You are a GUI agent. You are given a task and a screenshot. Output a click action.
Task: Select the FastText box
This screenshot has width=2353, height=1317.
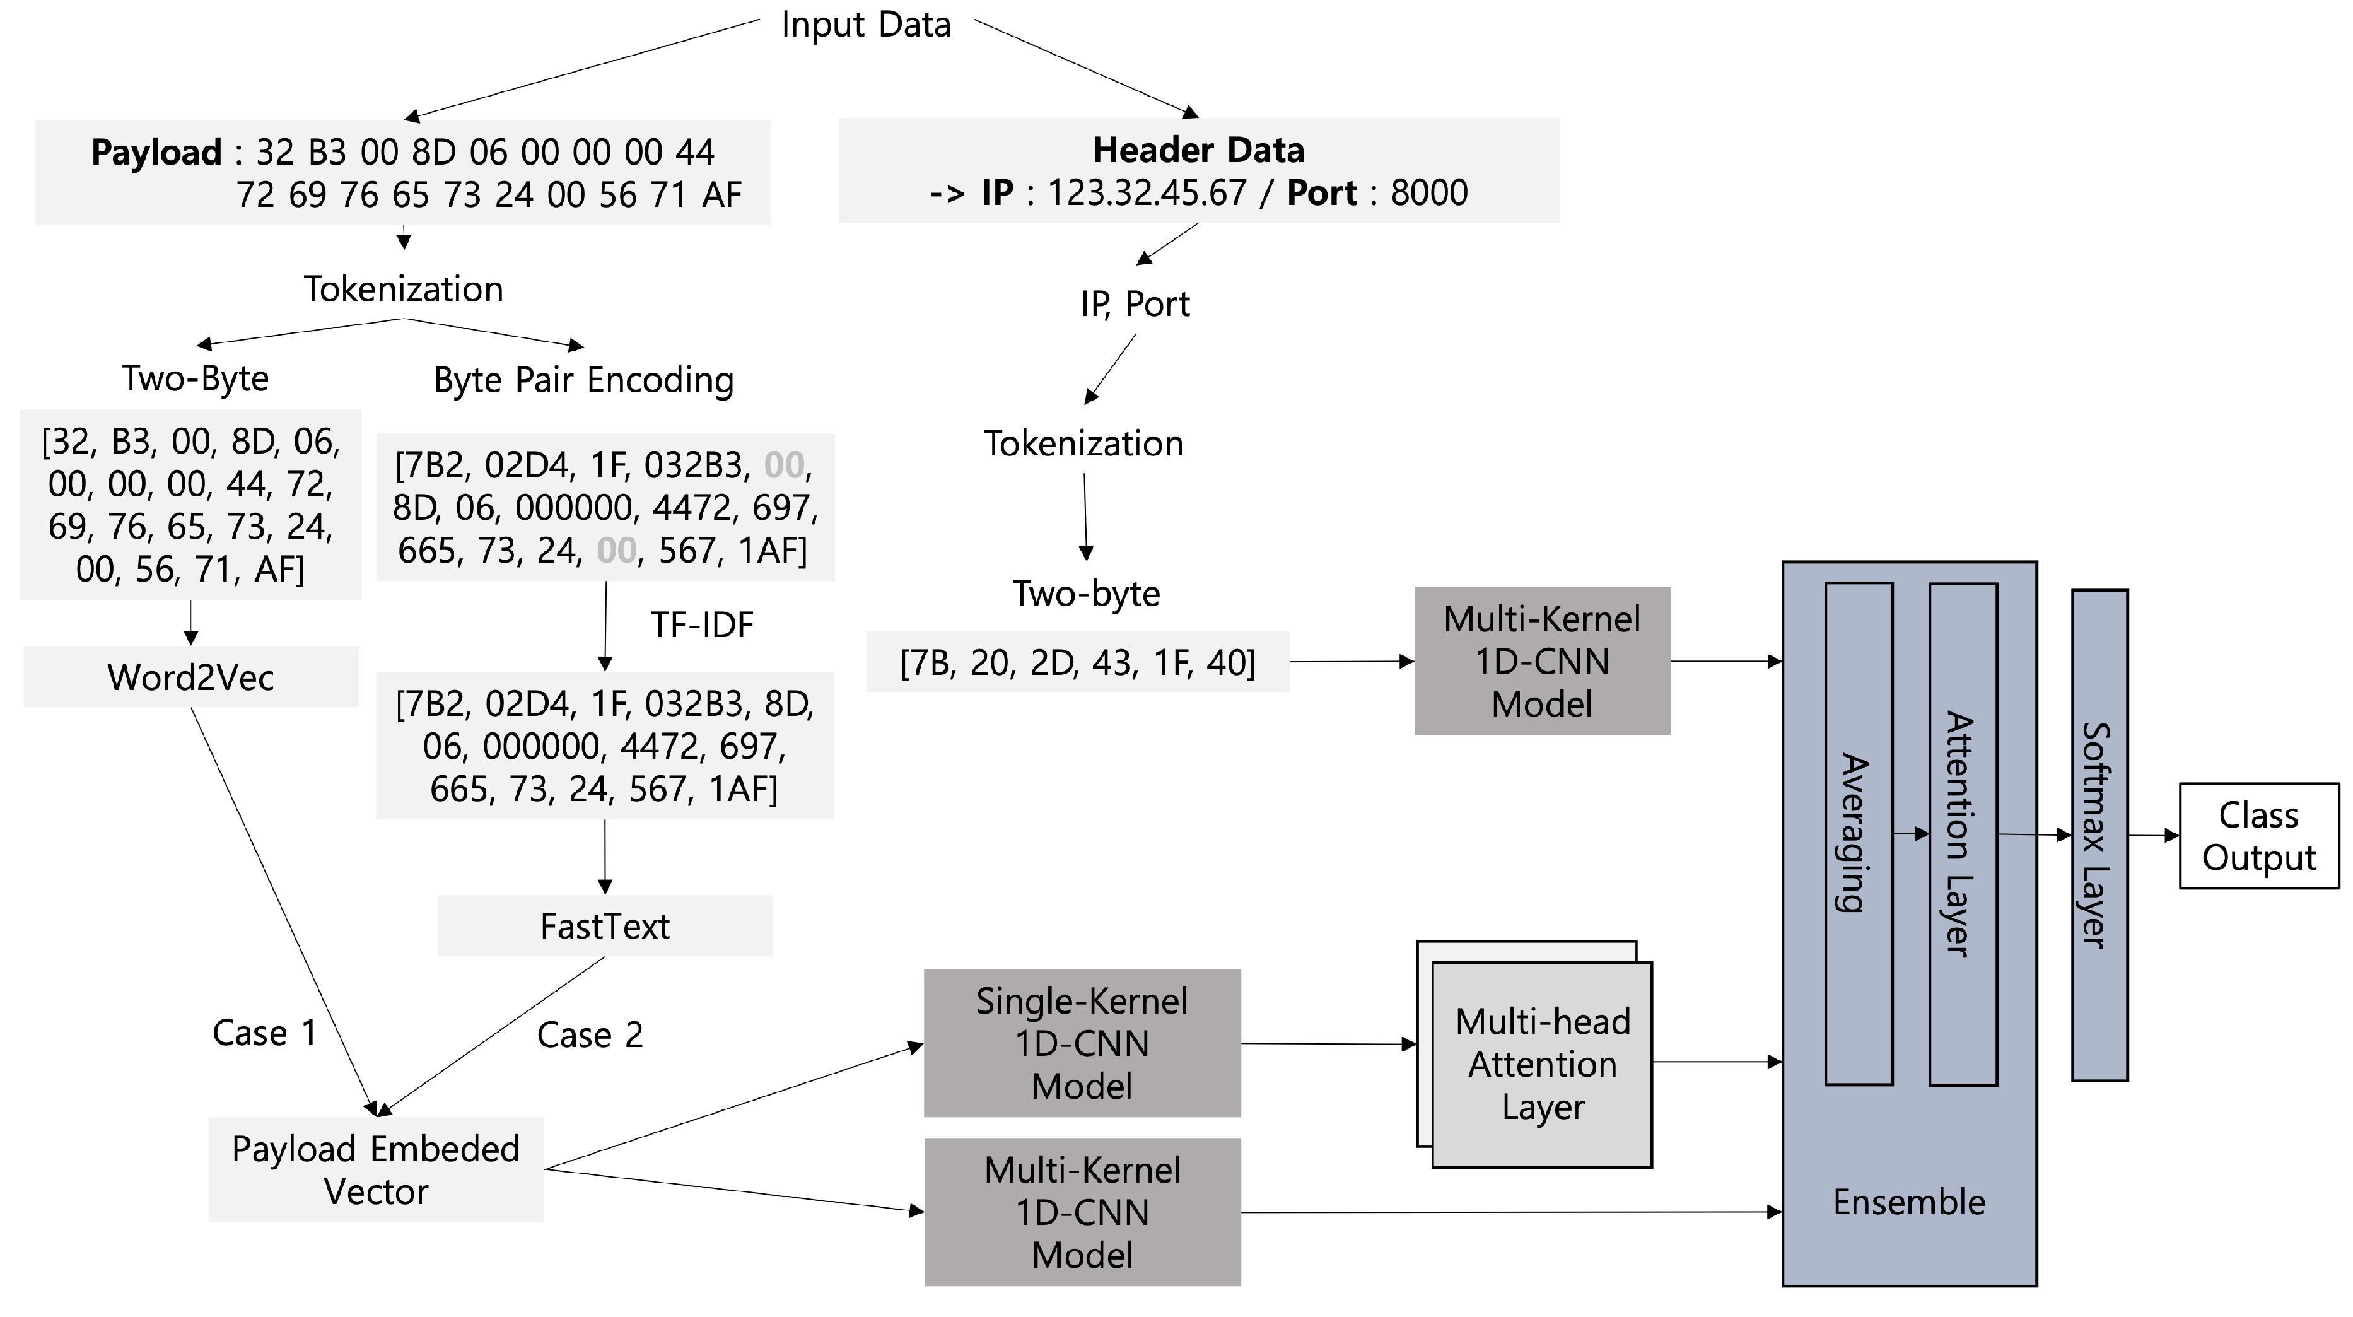pos(605,925)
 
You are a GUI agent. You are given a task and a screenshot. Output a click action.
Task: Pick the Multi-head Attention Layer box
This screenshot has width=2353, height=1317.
pos(1542,1064)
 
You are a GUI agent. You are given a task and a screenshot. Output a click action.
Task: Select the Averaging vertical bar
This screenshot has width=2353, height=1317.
pos(1857,833)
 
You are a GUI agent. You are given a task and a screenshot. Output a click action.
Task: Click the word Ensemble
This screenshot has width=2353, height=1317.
pos(1908,1202)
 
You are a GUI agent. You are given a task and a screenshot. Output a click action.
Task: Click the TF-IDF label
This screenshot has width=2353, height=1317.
pos(701,624)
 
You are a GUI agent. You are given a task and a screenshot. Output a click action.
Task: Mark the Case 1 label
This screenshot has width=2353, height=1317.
pos(264,1033)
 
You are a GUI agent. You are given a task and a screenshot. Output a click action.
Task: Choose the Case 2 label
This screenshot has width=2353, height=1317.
pos(590,1035)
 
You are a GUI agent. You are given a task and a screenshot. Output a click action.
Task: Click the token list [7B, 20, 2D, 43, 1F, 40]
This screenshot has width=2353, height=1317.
pos(1078,662)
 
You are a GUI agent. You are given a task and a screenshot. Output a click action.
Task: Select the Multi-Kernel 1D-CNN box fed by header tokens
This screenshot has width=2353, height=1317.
pos(1542,661)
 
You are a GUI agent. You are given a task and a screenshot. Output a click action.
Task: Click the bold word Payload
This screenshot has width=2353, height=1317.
pos(156,151)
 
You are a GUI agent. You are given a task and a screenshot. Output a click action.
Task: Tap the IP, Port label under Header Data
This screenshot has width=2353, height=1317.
pos(1135,304)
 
